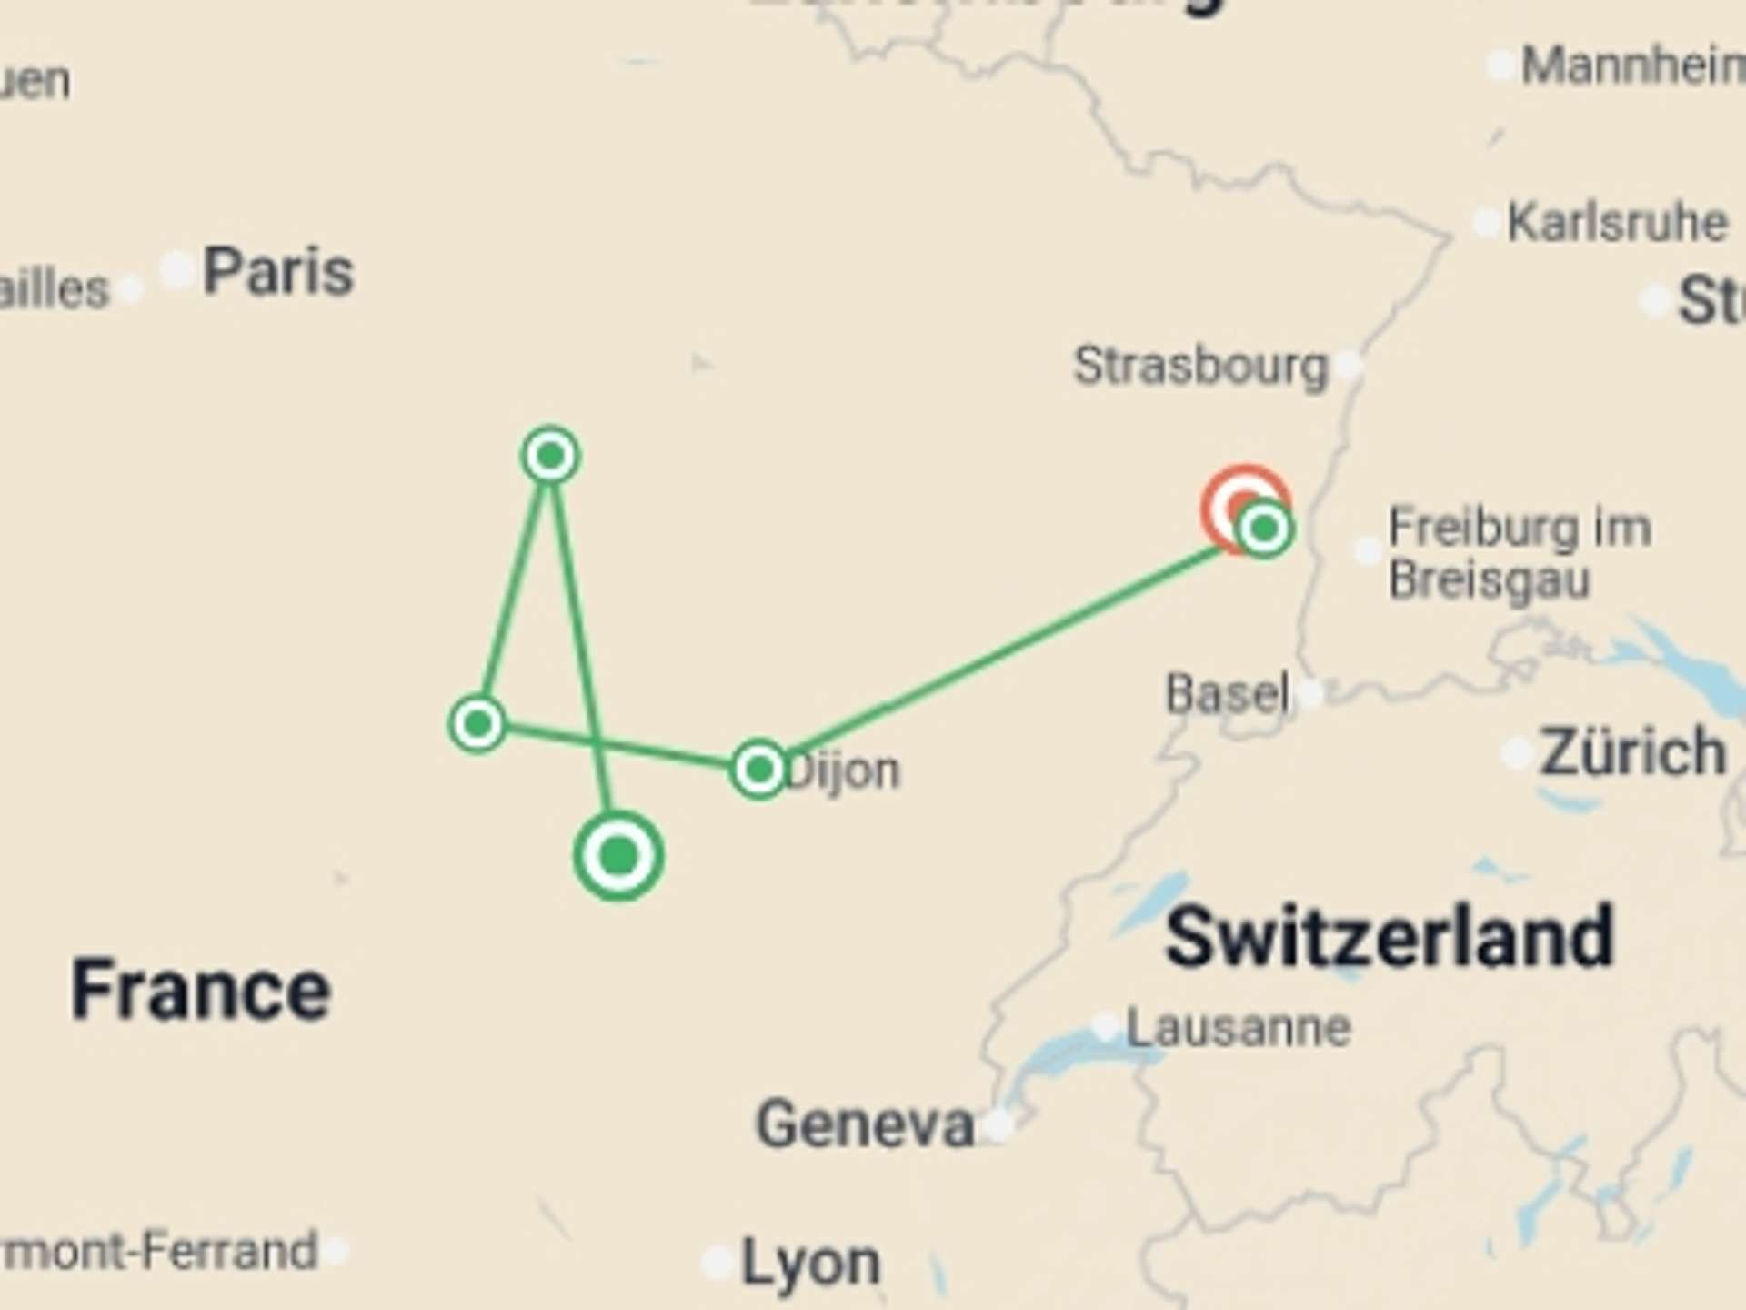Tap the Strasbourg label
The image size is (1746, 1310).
(x=1200, y=366)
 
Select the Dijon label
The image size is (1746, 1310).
(x=842, y=771)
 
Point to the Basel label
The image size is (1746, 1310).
(x=1227, y=694)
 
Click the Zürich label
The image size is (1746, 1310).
(x=1632, y=752)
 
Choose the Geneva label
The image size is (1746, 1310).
(x=864, y=1124)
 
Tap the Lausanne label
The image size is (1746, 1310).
(x=1238, y=1028)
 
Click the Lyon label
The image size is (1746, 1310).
(x=810, y=1263)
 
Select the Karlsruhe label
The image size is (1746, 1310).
(x=1617, y=223)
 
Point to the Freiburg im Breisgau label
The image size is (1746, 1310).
(x=1519, y=553)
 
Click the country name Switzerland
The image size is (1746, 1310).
(x=1389, y=937)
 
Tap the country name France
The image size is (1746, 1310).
(x=200, y=990)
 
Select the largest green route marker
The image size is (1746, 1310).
(x=618, y=856)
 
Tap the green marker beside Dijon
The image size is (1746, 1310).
(x=758, y=771)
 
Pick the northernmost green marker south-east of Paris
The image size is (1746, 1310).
(x=550, y=455)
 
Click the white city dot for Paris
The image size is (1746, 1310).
(x=176, y=269)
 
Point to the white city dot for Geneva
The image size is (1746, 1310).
(x=998, y=1126)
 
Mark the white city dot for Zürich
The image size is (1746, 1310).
(x=1517, y=753)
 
